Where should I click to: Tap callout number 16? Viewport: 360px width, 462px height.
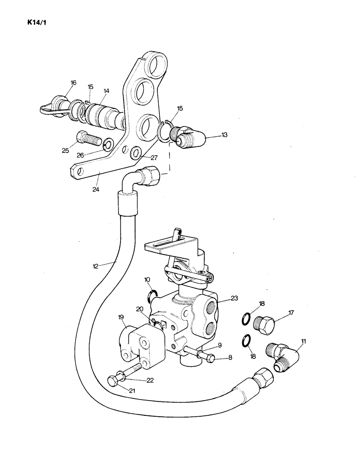pos(72,83)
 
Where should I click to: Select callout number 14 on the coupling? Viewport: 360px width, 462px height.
pos(106,91)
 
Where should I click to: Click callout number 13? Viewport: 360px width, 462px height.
pos(225,135)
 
